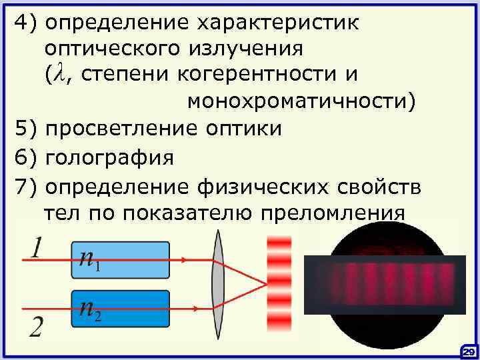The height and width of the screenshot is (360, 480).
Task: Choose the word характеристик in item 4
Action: tap(277, 22)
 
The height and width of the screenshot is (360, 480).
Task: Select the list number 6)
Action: tap(27, 159)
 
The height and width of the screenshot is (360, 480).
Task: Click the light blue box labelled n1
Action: tap(121, 259)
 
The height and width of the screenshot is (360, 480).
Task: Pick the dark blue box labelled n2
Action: tap(121, 308)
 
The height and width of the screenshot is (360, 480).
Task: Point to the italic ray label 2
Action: tap(37, 327)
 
